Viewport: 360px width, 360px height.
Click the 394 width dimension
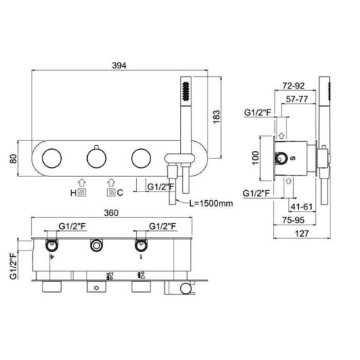[x=119, y=66]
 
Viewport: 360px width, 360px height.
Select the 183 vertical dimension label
[x=217, y=117]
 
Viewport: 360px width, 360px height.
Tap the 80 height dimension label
[x=14, y=158]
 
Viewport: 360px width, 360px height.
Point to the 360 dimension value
[x=112, y=213]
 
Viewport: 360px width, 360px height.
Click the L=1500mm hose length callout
[x=211, y=203]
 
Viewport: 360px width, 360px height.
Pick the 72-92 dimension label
[x=294, y=86]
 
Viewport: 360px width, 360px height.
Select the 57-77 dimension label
[x=297, y=99]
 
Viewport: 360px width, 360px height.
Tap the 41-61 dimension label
[x=302, y=207]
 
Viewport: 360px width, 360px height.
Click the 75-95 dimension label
[x=293, y=220]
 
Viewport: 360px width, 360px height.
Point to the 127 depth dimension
[x=302, y=233]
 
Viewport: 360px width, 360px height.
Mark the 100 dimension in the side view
[x=256, y=158]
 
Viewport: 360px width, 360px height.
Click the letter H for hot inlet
[x=73, y=193]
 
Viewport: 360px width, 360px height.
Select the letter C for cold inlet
[x=120, y=192]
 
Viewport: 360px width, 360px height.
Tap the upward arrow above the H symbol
[x=82, y=183]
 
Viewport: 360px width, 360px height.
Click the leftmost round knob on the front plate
[x=52, y=158]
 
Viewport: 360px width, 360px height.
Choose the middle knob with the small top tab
[x=96, y=157]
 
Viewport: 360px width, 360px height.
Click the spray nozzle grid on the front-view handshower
[x=186, y=91]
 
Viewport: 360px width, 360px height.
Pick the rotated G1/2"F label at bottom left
[x=14, y=266]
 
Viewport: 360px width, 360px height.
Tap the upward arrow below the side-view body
[x=289, y=181]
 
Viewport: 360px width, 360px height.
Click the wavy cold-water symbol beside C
[x=111, y=193]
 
